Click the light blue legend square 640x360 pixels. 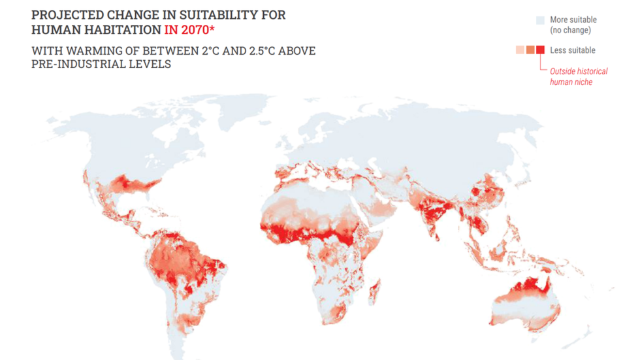click(540, 20)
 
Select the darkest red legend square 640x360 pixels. click(540, 50)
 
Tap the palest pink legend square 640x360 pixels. click(520, 50)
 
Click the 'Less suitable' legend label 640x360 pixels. click(573, 50)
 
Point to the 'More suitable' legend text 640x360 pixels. click(573, 20)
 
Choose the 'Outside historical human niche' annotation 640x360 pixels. click(578, 76)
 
